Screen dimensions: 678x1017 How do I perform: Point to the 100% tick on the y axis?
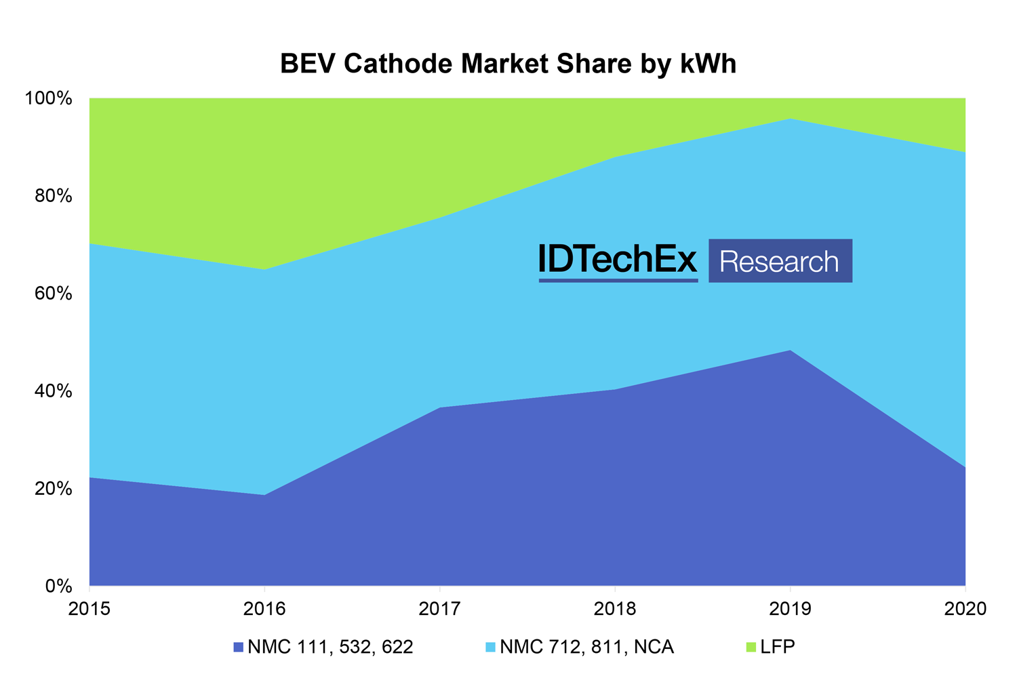(x=48, y=99)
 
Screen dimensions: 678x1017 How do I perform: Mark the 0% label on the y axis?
(x=58, y=586)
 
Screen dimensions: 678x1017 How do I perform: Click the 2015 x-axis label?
(x=89, y=609)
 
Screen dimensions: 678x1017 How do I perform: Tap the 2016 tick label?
(x=264, y=609)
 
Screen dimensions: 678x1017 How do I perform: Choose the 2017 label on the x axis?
(x=440, y=609)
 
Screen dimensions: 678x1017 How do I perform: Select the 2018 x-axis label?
(x=615, y=609)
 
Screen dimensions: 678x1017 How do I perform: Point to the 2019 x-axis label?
(x=790, y=609)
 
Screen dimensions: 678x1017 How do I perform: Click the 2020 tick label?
(x=965, y=609)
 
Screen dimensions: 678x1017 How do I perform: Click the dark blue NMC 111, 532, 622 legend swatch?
(x=237, y=647)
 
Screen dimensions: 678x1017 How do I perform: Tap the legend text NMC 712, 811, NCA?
(x=586, y=647)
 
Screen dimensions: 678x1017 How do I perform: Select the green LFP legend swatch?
(x=750, y=647)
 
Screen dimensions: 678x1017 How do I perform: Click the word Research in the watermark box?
(x=780, y=262)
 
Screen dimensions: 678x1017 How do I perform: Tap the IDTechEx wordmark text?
(x=618, y=259)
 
